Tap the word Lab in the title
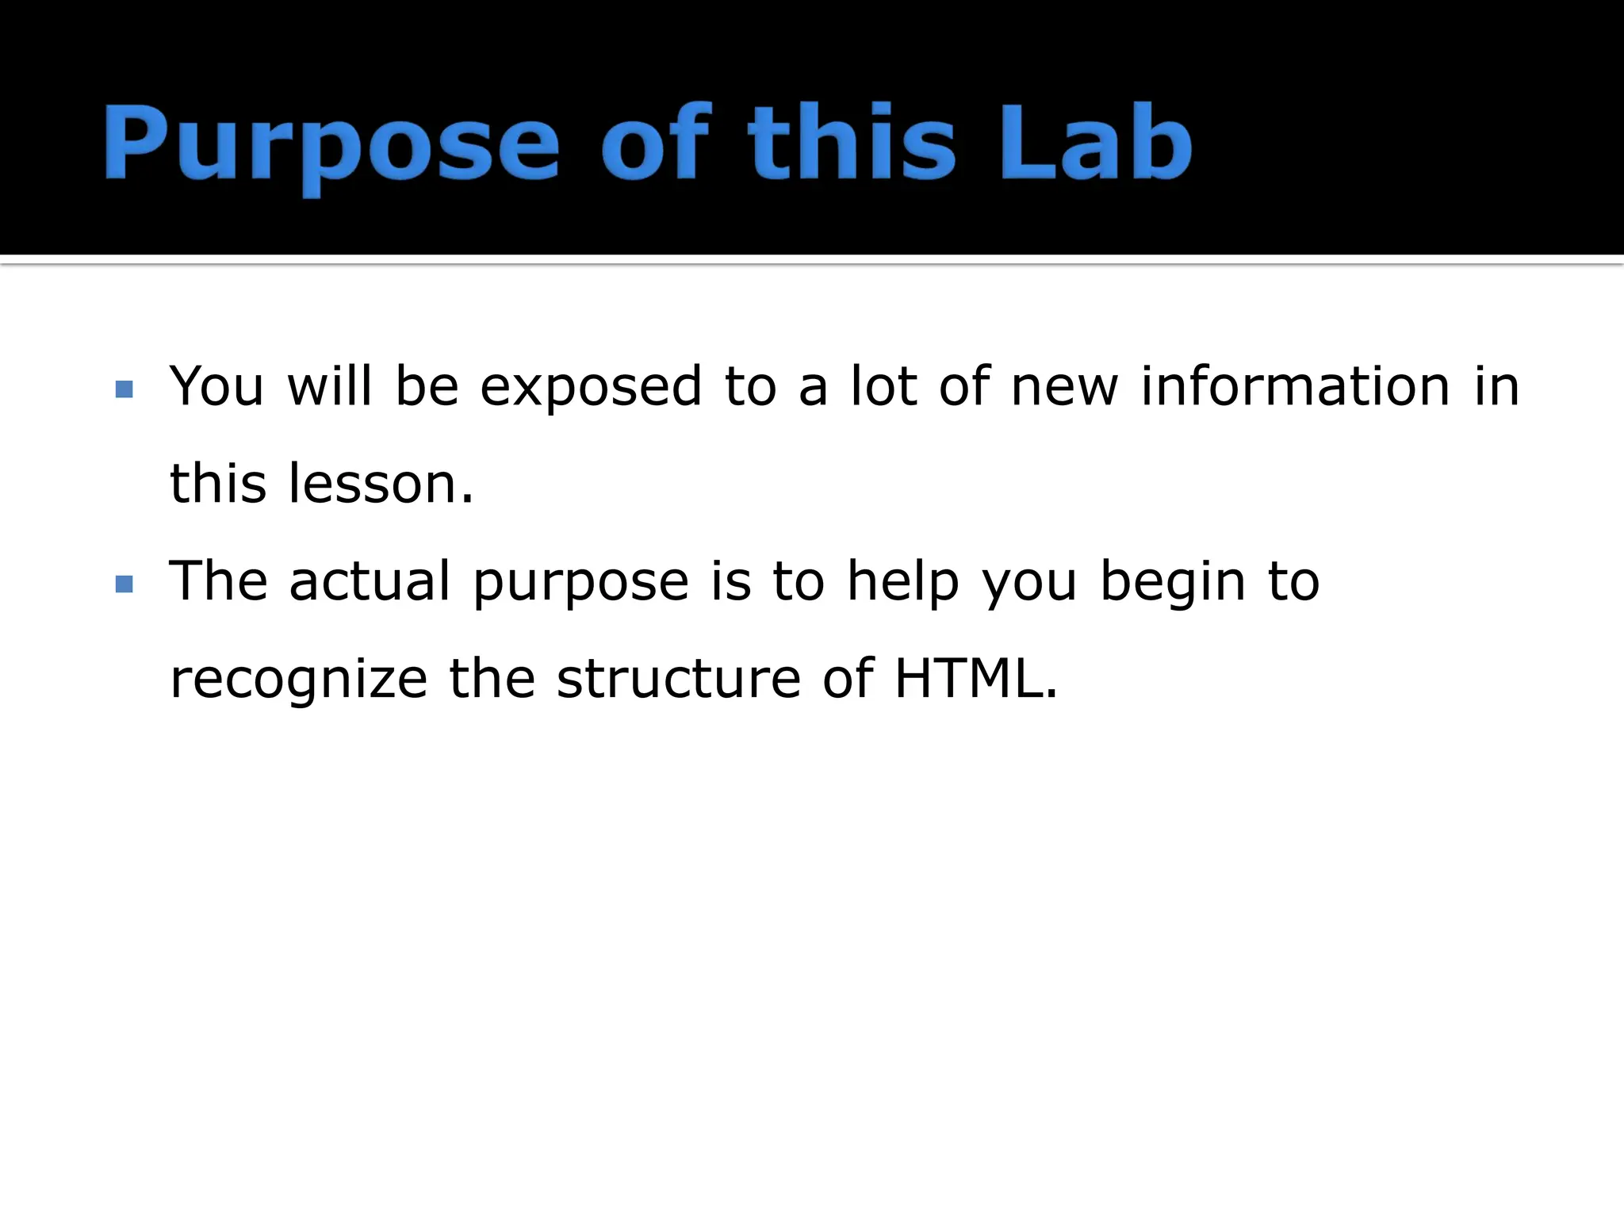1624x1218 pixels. coord(1095,143)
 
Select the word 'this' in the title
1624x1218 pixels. coord(852,143)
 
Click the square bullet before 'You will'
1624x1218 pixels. coord(124,389)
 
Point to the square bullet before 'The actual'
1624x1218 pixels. coord(124,584)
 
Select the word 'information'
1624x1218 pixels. coord(1295,387)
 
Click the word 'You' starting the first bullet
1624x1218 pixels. coord(216,387)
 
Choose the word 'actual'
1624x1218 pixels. coord(370,582)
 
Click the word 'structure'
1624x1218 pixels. coord(679,680)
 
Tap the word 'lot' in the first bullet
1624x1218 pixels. coord(883,387)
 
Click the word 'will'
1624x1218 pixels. coord(329,387)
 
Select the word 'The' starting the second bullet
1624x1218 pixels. coord(219,582)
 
